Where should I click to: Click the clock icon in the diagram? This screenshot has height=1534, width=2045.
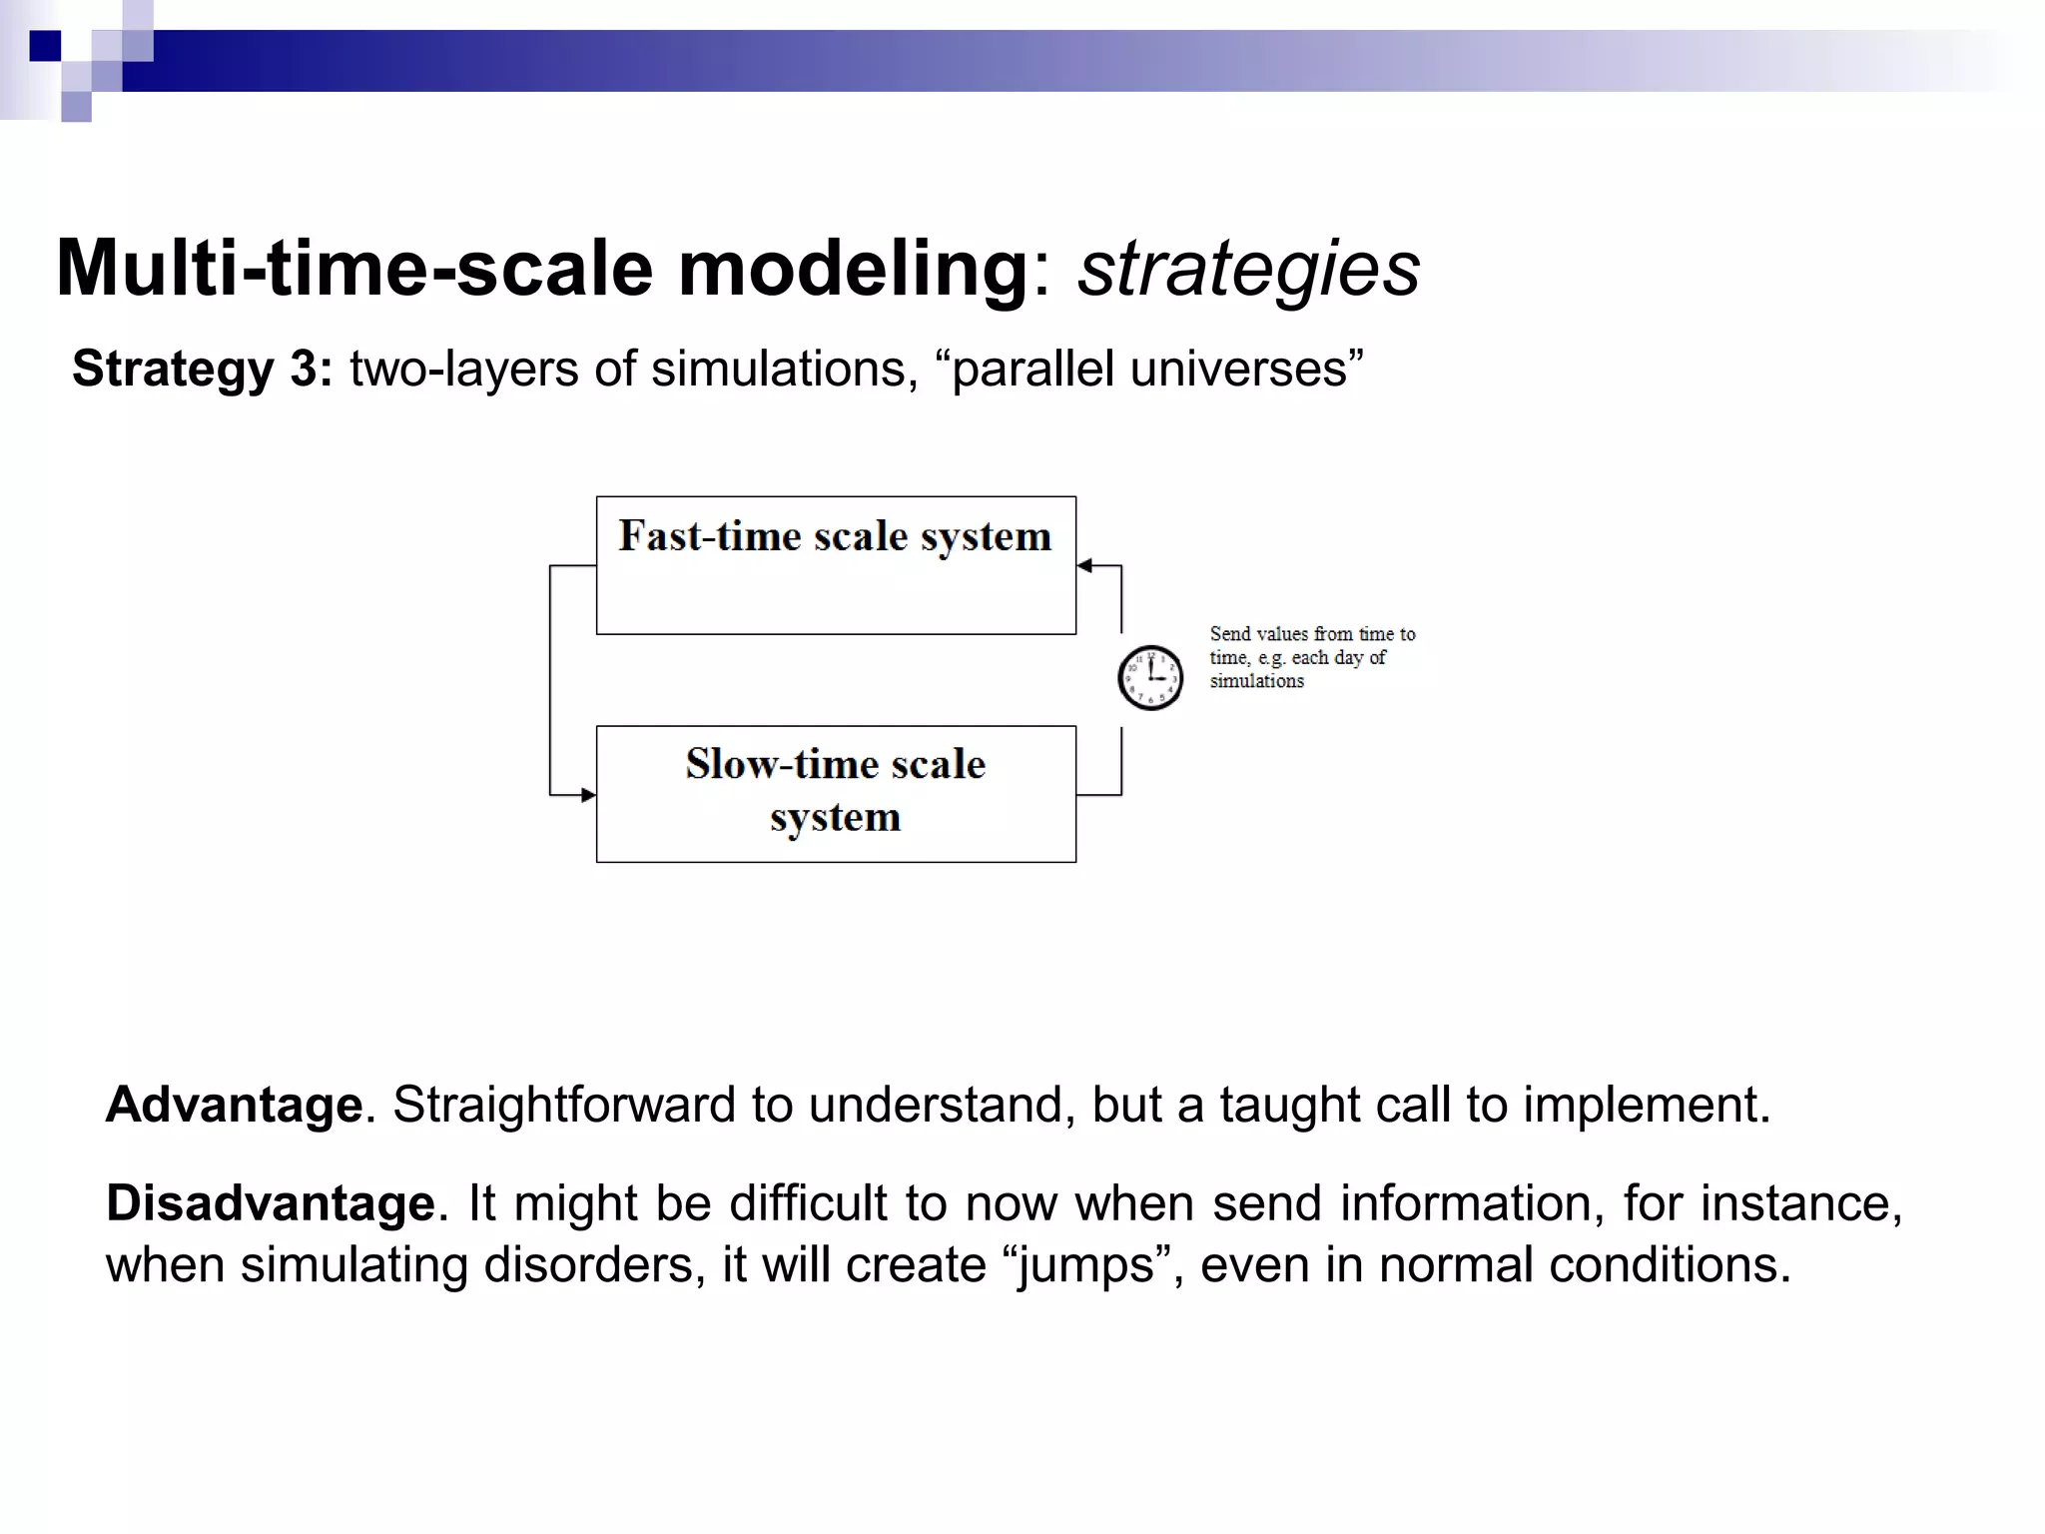click(1149, 677)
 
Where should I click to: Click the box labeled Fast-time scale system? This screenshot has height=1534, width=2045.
click(836, 565)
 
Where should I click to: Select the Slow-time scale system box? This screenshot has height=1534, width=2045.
click(836, 794)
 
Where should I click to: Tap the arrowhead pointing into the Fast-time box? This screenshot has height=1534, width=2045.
click(1085, 566)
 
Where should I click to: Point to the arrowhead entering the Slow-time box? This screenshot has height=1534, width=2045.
click(588, 795)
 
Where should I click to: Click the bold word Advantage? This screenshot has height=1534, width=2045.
click(235, 1105)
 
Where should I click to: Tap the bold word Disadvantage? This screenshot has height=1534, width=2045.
click(271, 1202)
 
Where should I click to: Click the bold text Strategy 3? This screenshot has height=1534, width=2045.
click(203, 369)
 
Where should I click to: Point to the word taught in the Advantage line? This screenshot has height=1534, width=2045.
click(1289, 1105)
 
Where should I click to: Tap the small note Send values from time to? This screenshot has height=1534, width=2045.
click(1312, 634)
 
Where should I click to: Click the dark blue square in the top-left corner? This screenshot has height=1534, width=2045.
click(45, 46)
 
